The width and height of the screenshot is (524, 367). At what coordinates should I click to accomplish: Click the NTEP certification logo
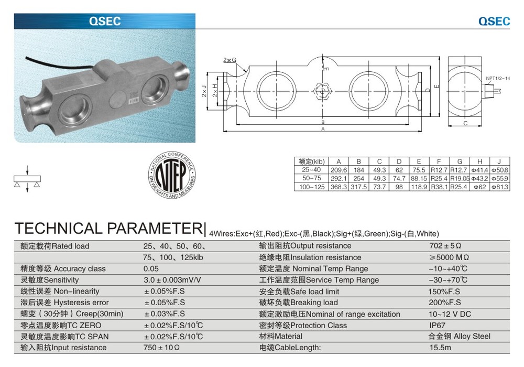click(172, 175)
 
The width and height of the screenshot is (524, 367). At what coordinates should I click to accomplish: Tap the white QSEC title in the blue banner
click(105, 21)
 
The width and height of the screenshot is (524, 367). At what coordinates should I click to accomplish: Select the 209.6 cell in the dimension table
click(339, 170)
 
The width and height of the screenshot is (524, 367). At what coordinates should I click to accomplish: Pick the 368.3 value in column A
click(339, 187)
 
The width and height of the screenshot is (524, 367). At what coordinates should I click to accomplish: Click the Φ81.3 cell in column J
click(499, 187)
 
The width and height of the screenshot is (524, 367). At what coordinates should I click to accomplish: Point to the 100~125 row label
click(311, 187)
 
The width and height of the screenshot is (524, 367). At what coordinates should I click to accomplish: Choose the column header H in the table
click(479, 161)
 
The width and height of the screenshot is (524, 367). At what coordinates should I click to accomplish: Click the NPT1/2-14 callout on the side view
click(498, 78)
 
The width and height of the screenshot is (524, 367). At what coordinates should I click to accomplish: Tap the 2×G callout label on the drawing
click(230, 60)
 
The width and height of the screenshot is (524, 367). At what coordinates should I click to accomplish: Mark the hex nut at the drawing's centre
click(322, 91)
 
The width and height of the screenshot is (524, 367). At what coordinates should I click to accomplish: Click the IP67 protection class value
click(437, 325)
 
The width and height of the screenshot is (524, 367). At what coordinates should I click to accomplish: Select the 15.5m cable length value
click(440, 348)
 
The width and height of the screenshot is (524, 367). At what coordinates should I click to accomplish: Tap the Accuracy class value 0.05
click(151, 269)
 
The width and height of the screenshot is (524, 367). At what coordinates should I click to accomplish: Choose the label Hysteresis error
click(81, 303)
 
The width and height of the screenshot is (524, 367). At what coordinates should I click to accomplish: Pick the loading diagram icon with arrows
click(27, 179)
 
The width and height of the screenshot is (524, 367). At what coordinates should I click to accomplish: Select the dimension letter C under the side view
click(465, 123)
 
